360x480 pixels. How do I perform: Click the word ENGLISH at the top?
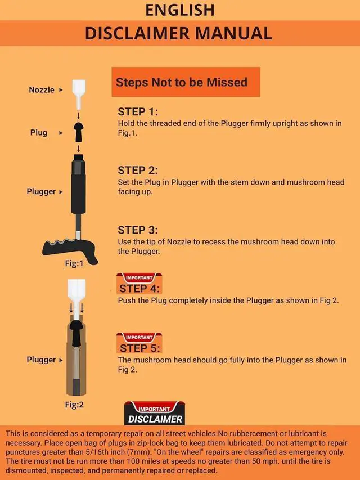180,10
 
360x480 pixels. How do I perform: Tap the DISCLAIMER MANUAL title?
179,33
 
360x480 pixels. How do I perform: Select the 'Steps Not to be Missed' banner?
186,82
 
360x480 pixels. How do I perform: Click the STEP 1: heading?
138,112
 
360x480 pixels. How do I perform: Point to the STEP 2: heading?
138,170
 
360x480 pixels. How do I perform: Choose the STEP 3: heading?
138,230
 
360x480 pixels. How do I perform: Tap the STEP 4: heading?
139,288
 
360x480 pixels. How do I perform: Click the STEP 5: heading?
139,348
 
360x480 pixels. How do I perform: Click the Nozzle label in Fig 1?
41,89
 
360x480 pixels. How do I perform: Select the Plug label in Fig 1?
39,133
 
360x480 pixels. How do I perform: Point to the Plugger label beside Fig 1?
41,191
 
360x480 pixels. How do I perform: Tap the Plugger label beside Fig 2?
41,360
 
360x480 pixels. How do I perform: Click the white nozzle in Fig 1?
79,95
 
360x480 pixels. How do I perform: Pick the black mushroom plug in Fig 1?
79,132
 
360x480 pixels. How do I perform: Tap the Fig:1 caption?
74,263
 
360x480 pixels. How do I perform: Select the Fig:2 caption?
74,405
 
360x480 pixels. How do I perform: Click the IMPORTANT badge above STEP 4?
139,277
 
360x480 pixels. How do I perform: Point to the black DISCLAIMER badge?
155,413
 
